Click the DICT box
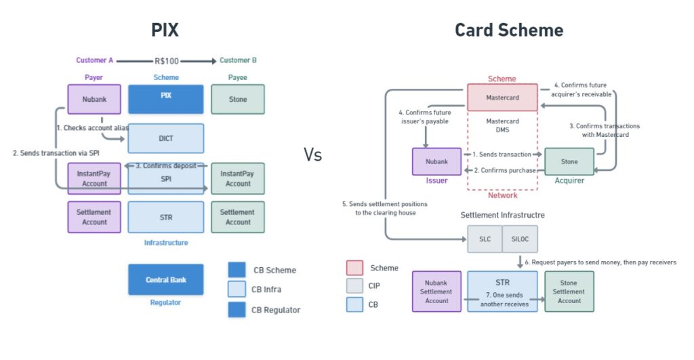tap(166, 138)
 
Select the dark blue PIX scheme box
tap(166, 99)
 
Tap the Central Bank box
tap(166, 279)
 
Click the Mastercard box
tap(502, 98)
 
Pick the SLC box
tap(485, 239)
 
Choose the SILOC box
tap(520, 239)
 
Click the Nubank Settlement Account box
tap(436, 292)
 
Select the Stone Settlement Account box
tap(569, 292)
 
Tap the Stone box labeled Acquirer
tap(569, 161)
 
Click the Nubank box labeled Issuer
tap(436, 161)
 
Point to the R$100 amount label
tap(167, 61)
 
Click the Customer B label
tap(238, 60)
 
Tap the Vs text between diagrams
tap(312, 155)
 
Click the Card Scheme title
tap(509, 30)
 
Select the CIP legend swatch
tap(354, 285)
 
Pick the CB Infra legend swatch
tap(237, 289)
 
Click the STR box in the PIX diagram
tap(166, 217)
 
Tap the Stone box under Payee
tap(238, 99)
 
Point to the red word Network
tap(502, 195)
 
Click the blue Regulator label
tap(165, 302)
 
